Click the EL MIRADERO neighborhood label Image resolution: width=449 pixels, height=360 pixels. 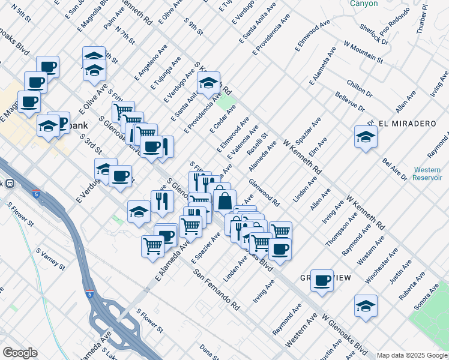pyautogui.click(x=406, y=123)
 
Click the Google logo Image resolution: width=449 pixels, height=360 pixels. pyautogui.click(x=20, y=352)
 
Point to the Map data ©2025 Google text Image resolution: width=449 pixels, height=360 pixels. pyautogui.click(x=411, y=355)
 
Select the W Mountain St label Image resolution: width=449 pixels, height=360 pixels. pyautogui.click(x=363, y=52)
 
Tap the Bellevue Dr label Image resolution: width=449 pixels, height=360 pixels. pyautogui.click(x=351, y=102)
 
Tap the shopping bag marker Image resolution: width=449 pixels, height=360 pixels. pyautogui.click(x=224, y=200)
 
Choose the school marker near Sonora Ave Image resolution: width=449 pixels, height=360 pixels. pyautogui.click(x=366, y=305)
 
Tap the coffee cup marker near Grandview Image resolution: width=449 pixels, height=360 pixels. pyautogui.click(x=322, y=280)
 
